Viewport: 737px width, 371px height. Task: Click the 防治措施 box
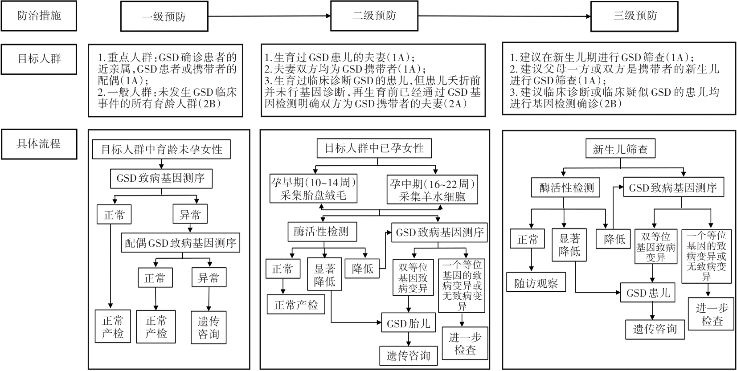point(39,16)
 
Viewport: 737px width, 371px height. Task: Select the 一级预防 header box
point(164,16)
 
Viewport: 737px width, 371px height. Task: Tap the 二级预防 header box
point(374,16)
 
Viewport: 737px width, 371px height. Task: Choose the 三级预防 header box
point(635,16)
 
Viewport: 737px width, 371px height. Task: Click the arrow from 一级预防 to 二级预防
point(269,16)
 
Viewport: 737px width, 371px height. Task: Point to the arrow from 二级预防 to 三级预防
point(504,16)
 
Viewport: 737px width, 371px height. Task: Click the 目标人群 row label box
point(39,59)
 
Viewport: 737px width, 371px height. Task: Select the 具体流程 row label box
point(39,144)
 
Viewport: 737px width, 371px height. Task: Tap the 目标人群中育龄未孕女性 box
point(161,149)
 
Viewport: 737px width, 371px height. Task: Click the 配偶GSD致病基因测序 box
point(180,243)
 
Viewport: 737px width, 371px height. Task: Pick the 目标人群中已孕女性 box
point(374,148)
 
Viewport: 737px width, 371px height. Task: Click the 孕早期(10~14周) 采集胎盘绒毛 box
point(313,188)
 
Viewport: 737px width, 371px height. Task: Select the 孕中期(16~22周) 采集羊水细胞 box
point(432,189)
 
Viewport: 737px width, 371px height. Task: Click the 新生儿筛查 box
point(620,149)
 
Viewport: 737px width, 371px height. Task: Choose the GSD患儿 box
point(648,293)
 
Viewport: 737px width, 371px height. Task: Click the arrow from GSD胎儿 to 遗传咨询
point(409,339)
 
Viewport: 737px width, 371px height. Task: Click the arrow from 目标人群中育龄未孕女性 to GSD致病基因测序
point(161,164)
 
